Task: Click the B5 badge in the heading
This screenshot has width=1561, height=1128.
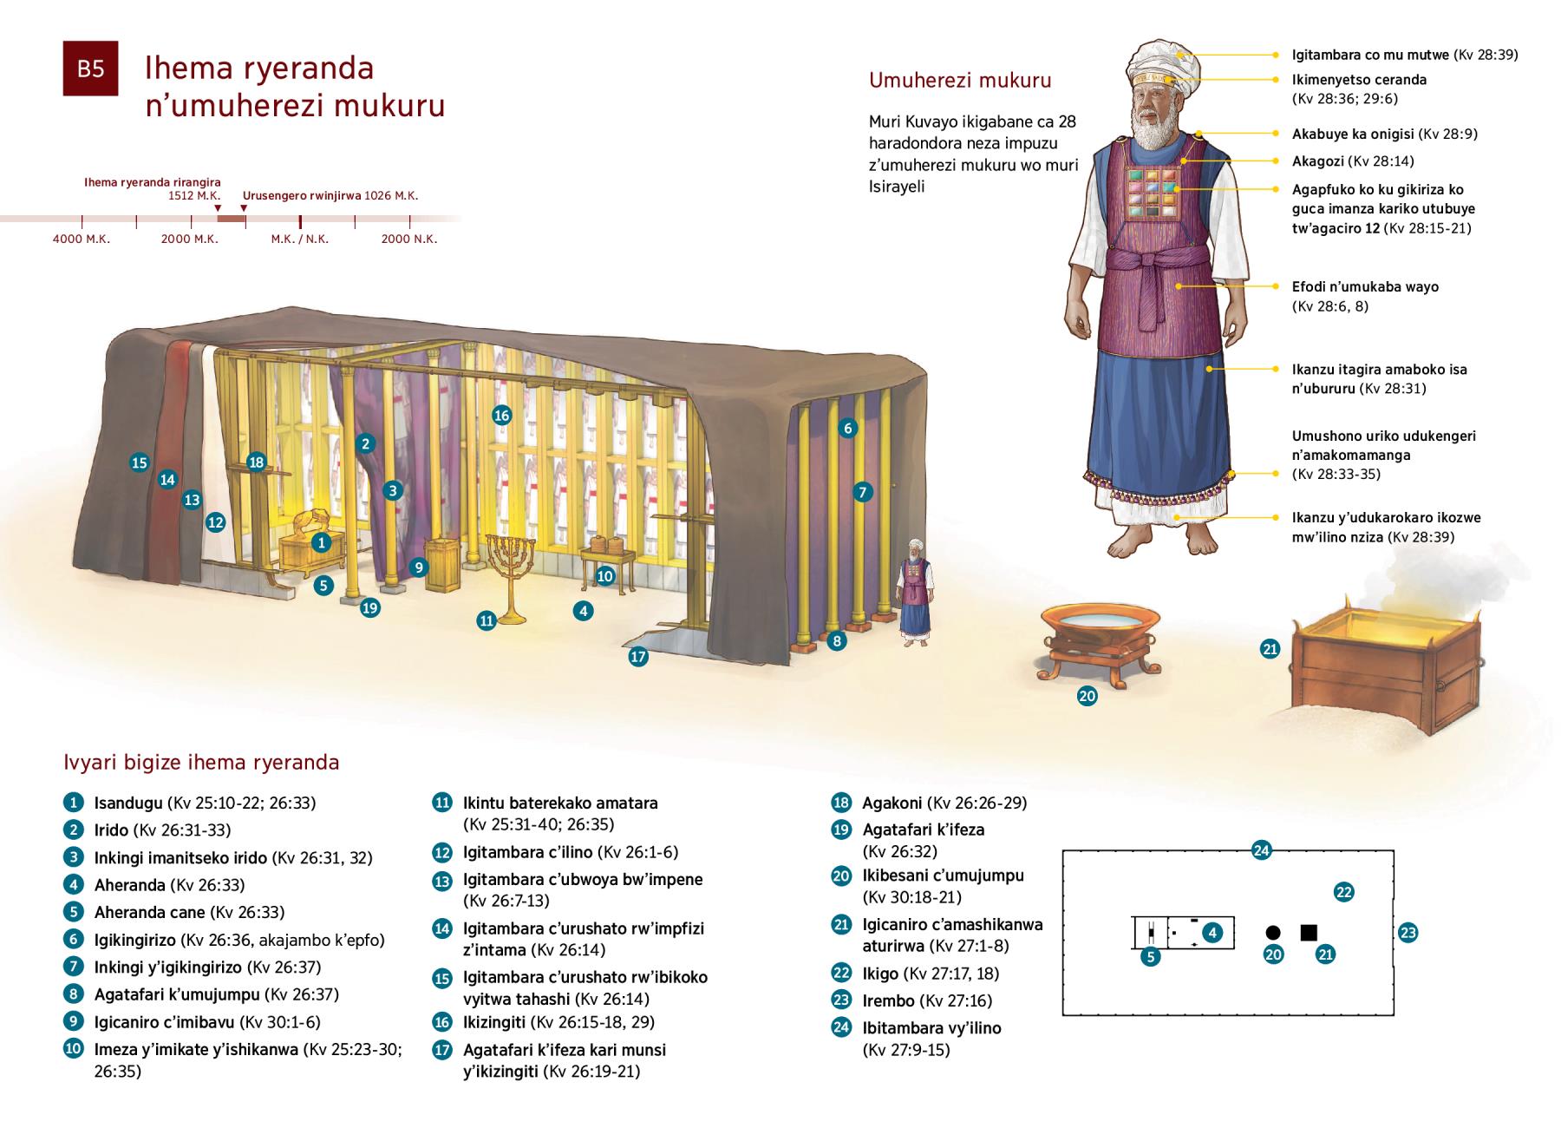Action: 90,69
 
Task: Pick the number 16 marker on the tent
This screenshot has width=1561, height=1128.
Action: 501,415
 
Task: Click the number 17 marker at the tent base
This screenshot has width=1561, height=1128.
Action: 638,657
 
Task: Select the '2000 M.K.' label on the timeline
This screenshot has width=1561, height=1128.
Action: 189,239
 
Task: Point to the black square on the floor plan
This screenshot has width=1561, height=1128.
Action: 1309,933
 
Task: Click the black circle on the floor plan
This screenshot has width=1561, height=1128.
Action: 1273,933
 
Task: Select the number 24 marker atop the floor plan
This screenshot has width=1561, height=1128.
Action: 1262,850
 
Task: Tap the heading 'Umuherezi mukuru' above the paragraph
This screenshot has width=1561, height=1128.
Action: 960,81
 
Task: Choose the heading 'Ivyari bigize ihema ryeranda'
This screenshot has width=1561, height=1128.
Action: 201,763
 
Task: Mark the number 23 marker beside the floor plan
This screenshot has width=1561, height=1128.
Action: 1408,934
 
